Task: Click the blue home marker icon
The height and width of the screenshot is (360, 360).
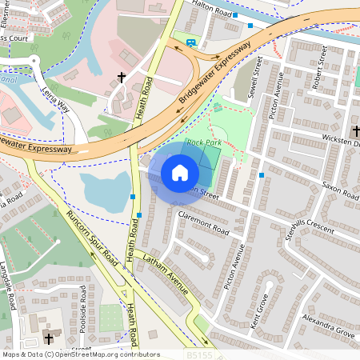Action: tap(180, 173)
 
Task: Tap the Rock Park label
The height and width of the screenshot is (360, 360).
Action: tap(203, 142)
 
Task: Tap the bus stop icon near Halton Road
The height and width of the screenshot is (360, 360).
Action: tap(190, 42)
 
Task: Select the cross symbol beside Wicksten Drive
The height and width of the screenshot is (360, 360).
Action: tap(356, 130)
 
